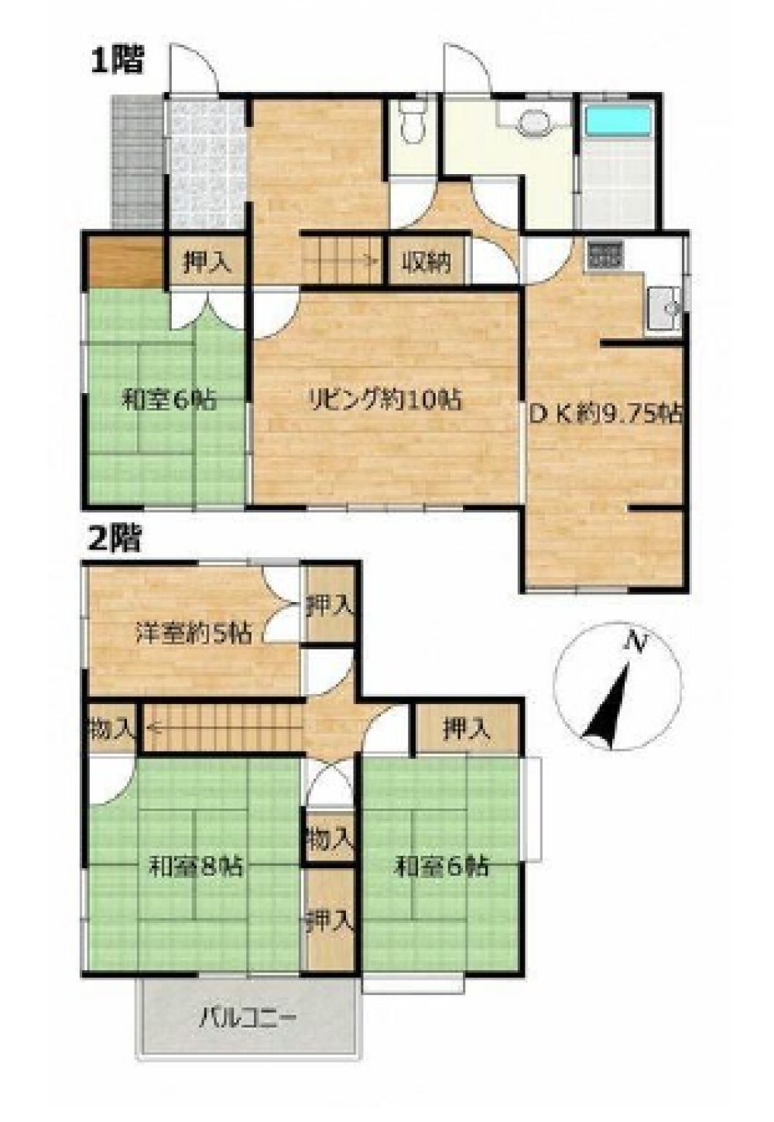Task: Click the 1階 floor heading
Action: click(117, 60)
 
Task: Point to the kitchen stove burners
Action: click(604, 255)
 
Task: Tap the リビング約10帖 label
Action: click(384, 401)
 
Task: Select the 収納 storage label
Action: click(426, 262)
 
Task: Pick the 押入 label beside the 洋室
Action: click(331, 608)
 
